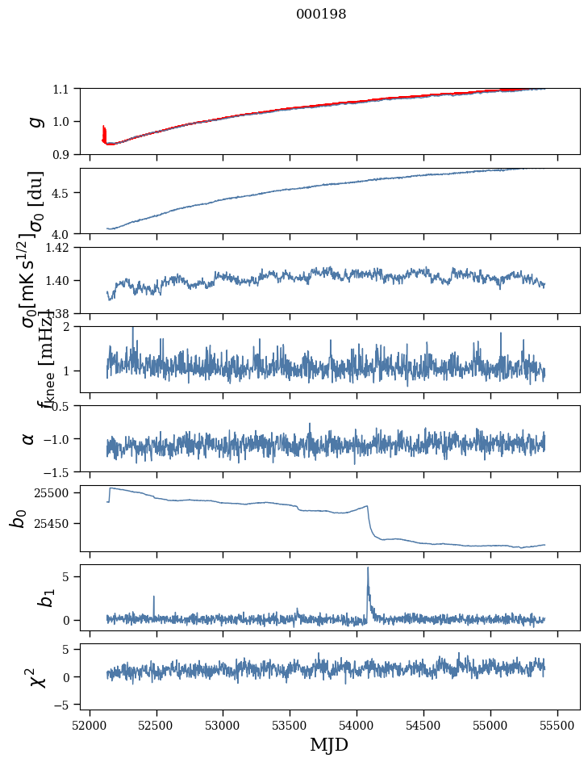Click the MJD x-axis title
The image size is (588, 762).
[x=329, y=744]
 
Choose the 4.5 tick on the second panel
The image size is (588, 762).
[x=62, y=193]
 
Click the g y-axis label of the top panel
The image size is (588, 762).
[x=35, y=121]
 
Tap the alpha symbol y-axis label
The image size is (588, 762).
[x=28, y=438]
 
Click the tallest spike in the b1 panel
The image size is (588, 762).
[x=368, y=568]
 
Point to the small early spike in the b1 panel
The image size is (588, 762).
[x=153, y=597]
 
